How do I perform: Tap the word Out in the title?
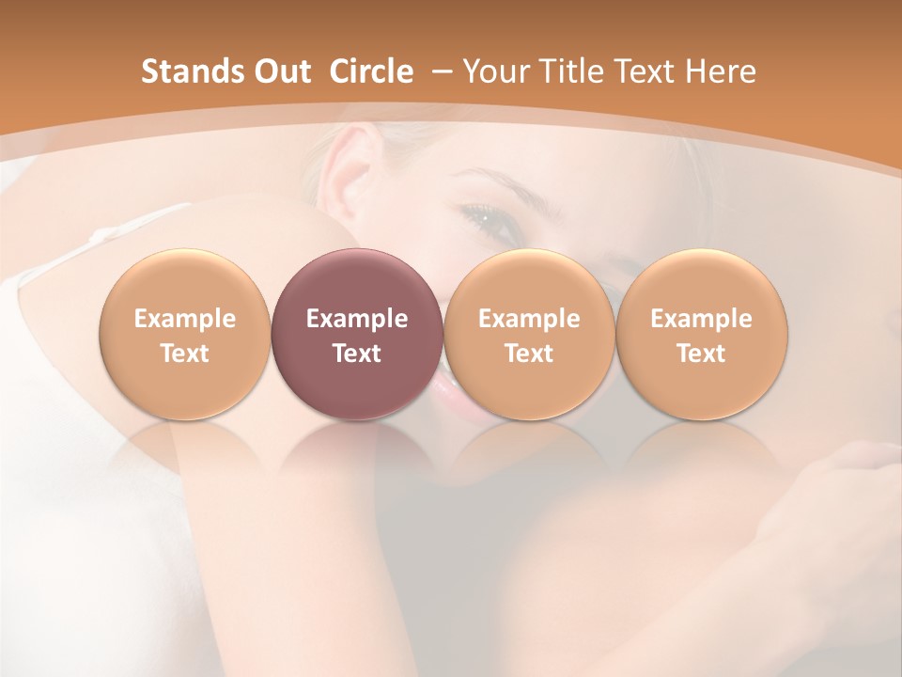279,71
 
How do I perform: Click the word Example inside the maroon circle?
357,319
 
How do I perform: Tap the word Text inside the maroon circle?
357,354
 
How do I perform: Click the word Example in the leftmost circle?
185,319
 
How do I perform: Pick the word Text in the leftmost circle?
185,354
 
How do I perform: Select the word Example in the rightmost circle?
701,319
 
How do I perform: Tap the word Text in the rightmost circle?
701,354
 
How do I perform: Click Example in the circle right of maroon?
529,319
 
